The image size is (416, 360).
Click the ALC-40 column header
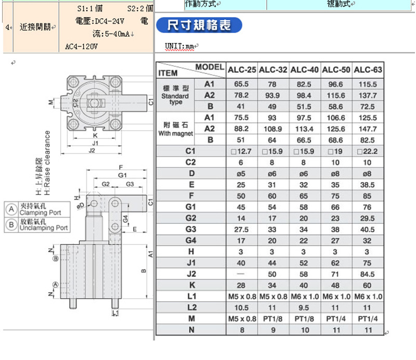pyautogui.click(x=305, y=70)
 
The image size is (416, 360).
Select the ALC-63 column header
pyautogui.click(x=368, y=70)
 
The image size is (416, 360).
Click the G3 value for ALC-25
pyautogui.click(x=241, y=229)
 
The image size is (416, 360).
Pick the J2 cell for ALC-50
pyautogui.click(x=335, y=274)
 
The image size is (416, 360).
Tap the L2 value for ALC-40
pyautogui.click(x=304, y=307)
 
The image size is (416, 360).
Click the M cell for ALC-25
pyautogui.click(x=242, y=318)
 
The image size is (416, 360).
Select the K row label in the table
pyautogui.click(x=192, y=285)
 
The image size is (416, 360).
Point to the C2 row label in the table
pyautogui.click(x=190, y=162)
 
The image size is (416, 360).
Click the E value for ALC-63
pyautogui.click(x=368, y=185)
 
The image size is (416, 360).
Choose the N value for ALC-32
pyautogui.click(x=273, y=330)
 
